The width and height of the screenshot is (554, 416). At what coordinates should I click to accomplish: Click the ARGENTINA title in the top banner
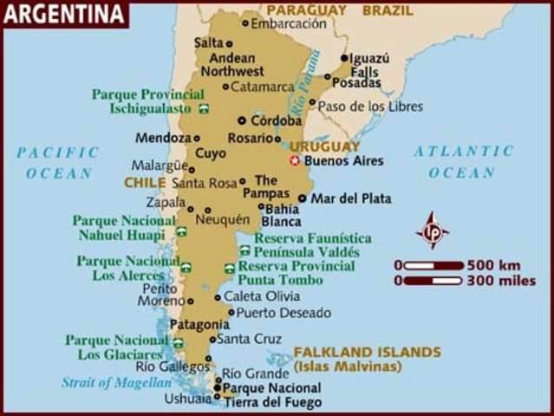[64, 14]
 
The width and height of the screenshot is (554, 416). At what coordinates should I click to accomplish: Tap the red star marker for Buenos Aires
[295, 160]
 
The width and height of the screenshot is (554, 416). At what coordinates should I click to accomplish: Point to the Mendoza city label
[162, 138]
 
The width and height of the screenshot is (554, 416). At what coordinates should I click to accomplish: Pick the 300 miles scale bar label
[501, 281]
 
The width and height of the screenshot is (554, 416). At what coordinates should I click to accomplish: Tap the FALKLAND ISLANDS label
[367, 352]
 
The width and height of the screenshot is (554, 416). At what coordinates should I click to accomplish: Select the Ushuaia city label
[188, 400]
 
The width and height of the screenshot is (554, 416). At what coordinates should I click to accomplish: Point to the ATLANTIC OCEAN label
[463, 161]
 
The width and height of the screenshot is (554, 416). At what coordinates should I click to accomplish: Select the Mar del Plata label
[351, 198]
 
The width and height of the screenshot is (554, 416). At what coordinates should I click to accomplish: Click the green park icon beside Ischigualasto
[204, 109]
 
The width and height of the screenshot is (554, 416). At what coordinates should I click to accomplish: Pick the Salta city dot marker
[230, 42]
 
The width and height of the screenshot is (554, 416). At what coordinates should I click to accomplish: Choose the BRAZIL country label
[388, 10]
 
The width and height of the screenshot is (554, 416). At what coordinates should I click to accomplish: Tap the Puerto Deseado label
[284, 313]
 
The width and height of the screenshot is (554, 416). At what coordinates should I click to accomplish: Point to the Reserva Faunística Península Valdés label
[312, 244]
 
